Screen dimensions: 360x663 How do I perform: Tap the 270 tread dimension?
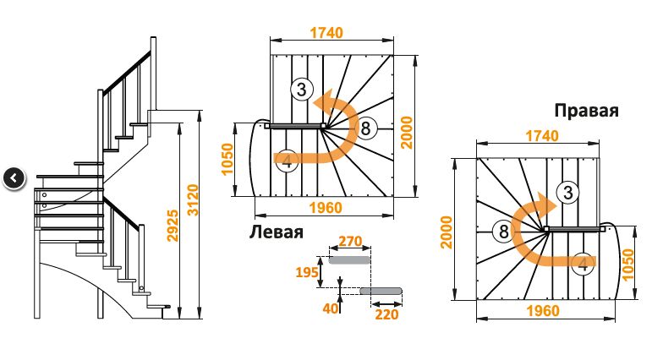click(x=349, y=241)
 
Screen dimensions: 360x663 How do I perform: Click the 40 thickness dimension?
click(x=331, y=308)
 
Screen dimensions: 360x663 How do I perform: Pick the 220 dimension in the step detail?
click(x=385, y=314)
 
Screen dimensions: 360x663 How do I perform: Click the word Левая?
click(x=276, y=232)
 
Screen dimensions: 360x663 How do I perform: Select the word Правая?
click(x=586, y=111)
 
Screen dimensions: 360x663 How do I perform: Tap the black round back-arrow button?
click(x=14, y=177)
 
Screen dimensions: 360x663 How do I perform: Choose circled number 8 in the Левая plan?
click(x=364, y=128)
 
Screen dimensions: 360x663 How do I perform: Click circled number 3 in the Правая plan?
click(x=568, y=193)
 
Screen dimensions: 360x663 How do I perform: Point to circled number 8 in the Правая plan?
click(x=503, y=230)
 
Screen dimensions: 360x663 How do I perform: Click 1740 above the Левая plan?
click(x=326, y=33)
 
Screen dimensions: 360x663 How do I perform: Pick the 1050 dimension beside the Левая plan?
click(x=227, y=158)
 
